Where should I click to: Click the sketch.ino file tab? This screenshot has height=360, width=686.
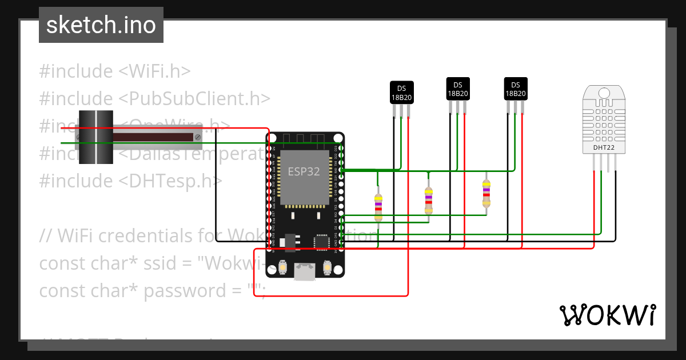click(x=101, y=25)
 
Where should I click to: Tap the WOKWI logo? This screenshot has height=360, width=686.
click(x=607, y=315)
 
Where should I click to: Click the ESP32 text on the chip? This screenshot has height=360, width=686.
click(x=304, y=171)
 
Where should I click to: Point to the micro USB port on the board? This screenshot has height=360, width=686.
click(x=304, y=271)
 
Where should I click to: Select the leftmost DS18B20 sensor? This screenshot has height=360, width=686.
click(x=401, y=92)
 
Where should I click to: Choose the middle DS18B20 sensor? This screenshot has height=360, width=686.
click(x=458, y=89)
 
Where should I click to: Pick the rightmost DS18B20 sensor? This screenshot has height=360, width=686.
click(x=515, y=89)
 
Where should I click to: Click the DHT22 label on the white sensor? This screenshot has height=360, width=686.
click(x=604, y=147)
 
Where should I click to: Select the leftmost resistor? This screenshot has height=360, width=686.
click(x=378, y=207)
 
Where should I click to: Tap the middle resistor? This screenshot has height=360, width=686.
click(x=429, y=200)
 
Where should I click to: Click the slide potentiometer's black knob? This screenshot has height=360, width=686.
click(x=96, y=137)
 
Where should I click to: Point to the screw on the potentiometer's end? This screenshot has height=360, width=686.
click(x=198, y=137)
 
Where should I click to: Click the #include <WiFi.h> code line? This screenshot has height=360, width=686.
click(x=114, y=71)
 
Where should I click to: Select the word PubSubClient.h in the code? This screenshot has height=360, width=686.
click(x=194, y=99)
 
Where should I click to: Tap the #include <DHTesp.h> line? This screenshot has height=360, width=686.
click(x=130, y=181)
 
